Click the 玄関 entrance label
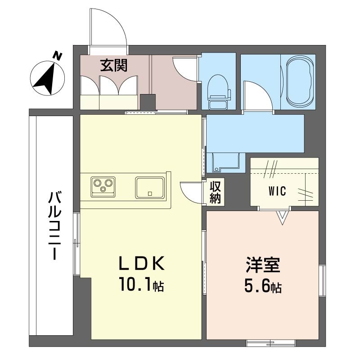114,65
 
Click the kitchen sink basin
150,187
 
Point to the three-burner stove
103,187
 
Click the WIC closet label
277,191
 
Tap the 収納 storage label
215,193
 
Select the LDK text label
142,263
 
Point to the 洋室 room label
263,265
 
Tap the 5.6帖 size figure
263,286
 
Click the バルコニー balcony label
54,226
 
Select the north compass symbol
48,78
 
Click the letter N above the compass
58,56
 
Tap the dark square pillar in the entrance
148,102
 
